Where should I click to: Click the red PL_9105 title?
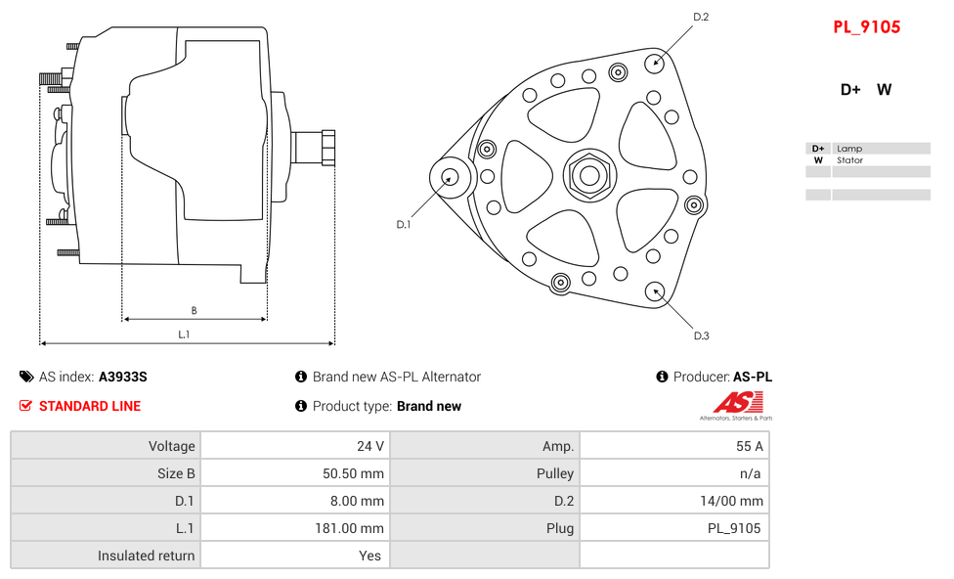(x=866, y=27)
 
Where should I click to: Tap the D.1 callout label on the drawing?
(x=403, y=225)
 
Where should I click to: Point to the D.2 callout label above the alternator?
(x=701, y=17)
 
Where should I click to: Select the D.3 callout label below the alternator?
(x=701, y=335)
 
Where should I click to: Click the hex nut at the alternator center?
(x=589, y=176)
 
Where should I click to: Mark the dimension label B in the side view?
(x=194, y=311)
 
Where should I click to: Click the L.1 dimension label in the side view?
(x=184, y=334)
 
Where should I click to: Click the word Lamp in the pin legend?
(x=849, y=149)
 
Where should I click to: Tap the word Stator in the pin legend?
(x=849, y=160)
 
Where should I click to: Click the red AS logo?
(x=739, y=402)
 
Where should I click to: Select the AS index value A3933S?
(x=122, y=377)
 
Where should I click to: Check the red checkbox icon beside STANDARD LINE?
(x=26, y=406)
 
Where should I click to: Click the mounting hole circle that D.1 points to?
(x=450, y=177)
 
